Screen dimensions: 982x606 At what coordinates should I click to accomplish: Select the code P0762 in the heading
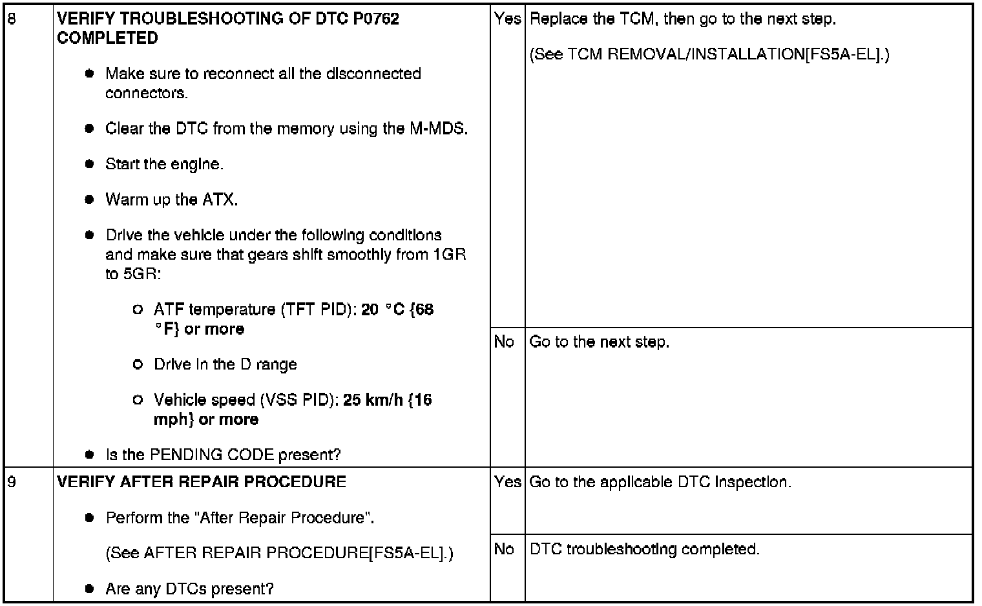click(376, 19)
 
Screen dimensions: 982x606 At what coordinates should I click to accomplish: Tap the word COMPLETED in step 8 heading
click(107, 38)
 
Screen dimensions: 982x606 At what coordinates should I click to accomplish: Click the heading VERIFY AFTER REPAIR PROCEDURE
click(202, 482)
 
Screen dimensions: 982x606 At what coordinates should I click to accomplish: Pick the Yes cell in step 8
click(507, 19)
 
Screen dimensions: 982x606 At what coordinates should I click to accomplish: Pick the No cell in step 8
click(504, 342)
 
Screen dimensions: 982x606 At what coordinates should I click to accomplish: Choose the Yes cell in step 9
click(507, 482)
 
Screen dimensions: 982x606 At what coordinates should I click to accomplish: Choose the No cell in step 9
click(504, 549)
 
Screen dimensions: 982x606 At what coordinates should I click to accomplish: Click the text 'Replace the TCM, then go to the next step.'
click(683, 19)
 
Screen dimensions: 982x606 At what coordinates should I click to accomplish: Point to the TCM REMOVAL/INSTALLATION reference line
click(709, 55)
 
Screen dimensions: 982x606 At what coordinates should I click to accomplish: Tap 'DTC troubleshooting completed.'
click(645, 549)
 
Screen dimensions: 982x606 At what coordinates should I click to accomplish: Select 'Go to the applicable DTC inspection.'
click(660, 482)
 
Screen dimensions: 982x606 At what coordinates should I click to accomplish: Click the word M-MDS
click(438, 129)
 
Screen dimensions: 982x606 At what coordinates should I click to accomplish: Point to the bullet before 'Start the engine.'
click(90, 164)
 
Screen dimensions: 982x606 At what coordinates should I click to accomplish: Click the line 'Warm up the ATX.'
click(172, 200)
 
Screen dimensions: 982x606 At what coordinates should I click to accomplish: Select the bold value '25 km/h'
click(373, 400)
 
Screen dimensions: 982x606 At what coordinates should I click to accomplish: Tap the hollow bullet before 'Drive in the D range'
click(137, 364)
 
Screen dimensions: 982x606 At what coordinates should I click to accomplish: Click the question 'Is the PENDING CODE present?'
click(223, 455)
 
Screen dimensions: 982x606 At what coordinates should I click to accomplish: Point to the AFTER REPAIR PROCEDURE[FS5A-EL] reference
click(279, 554)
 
